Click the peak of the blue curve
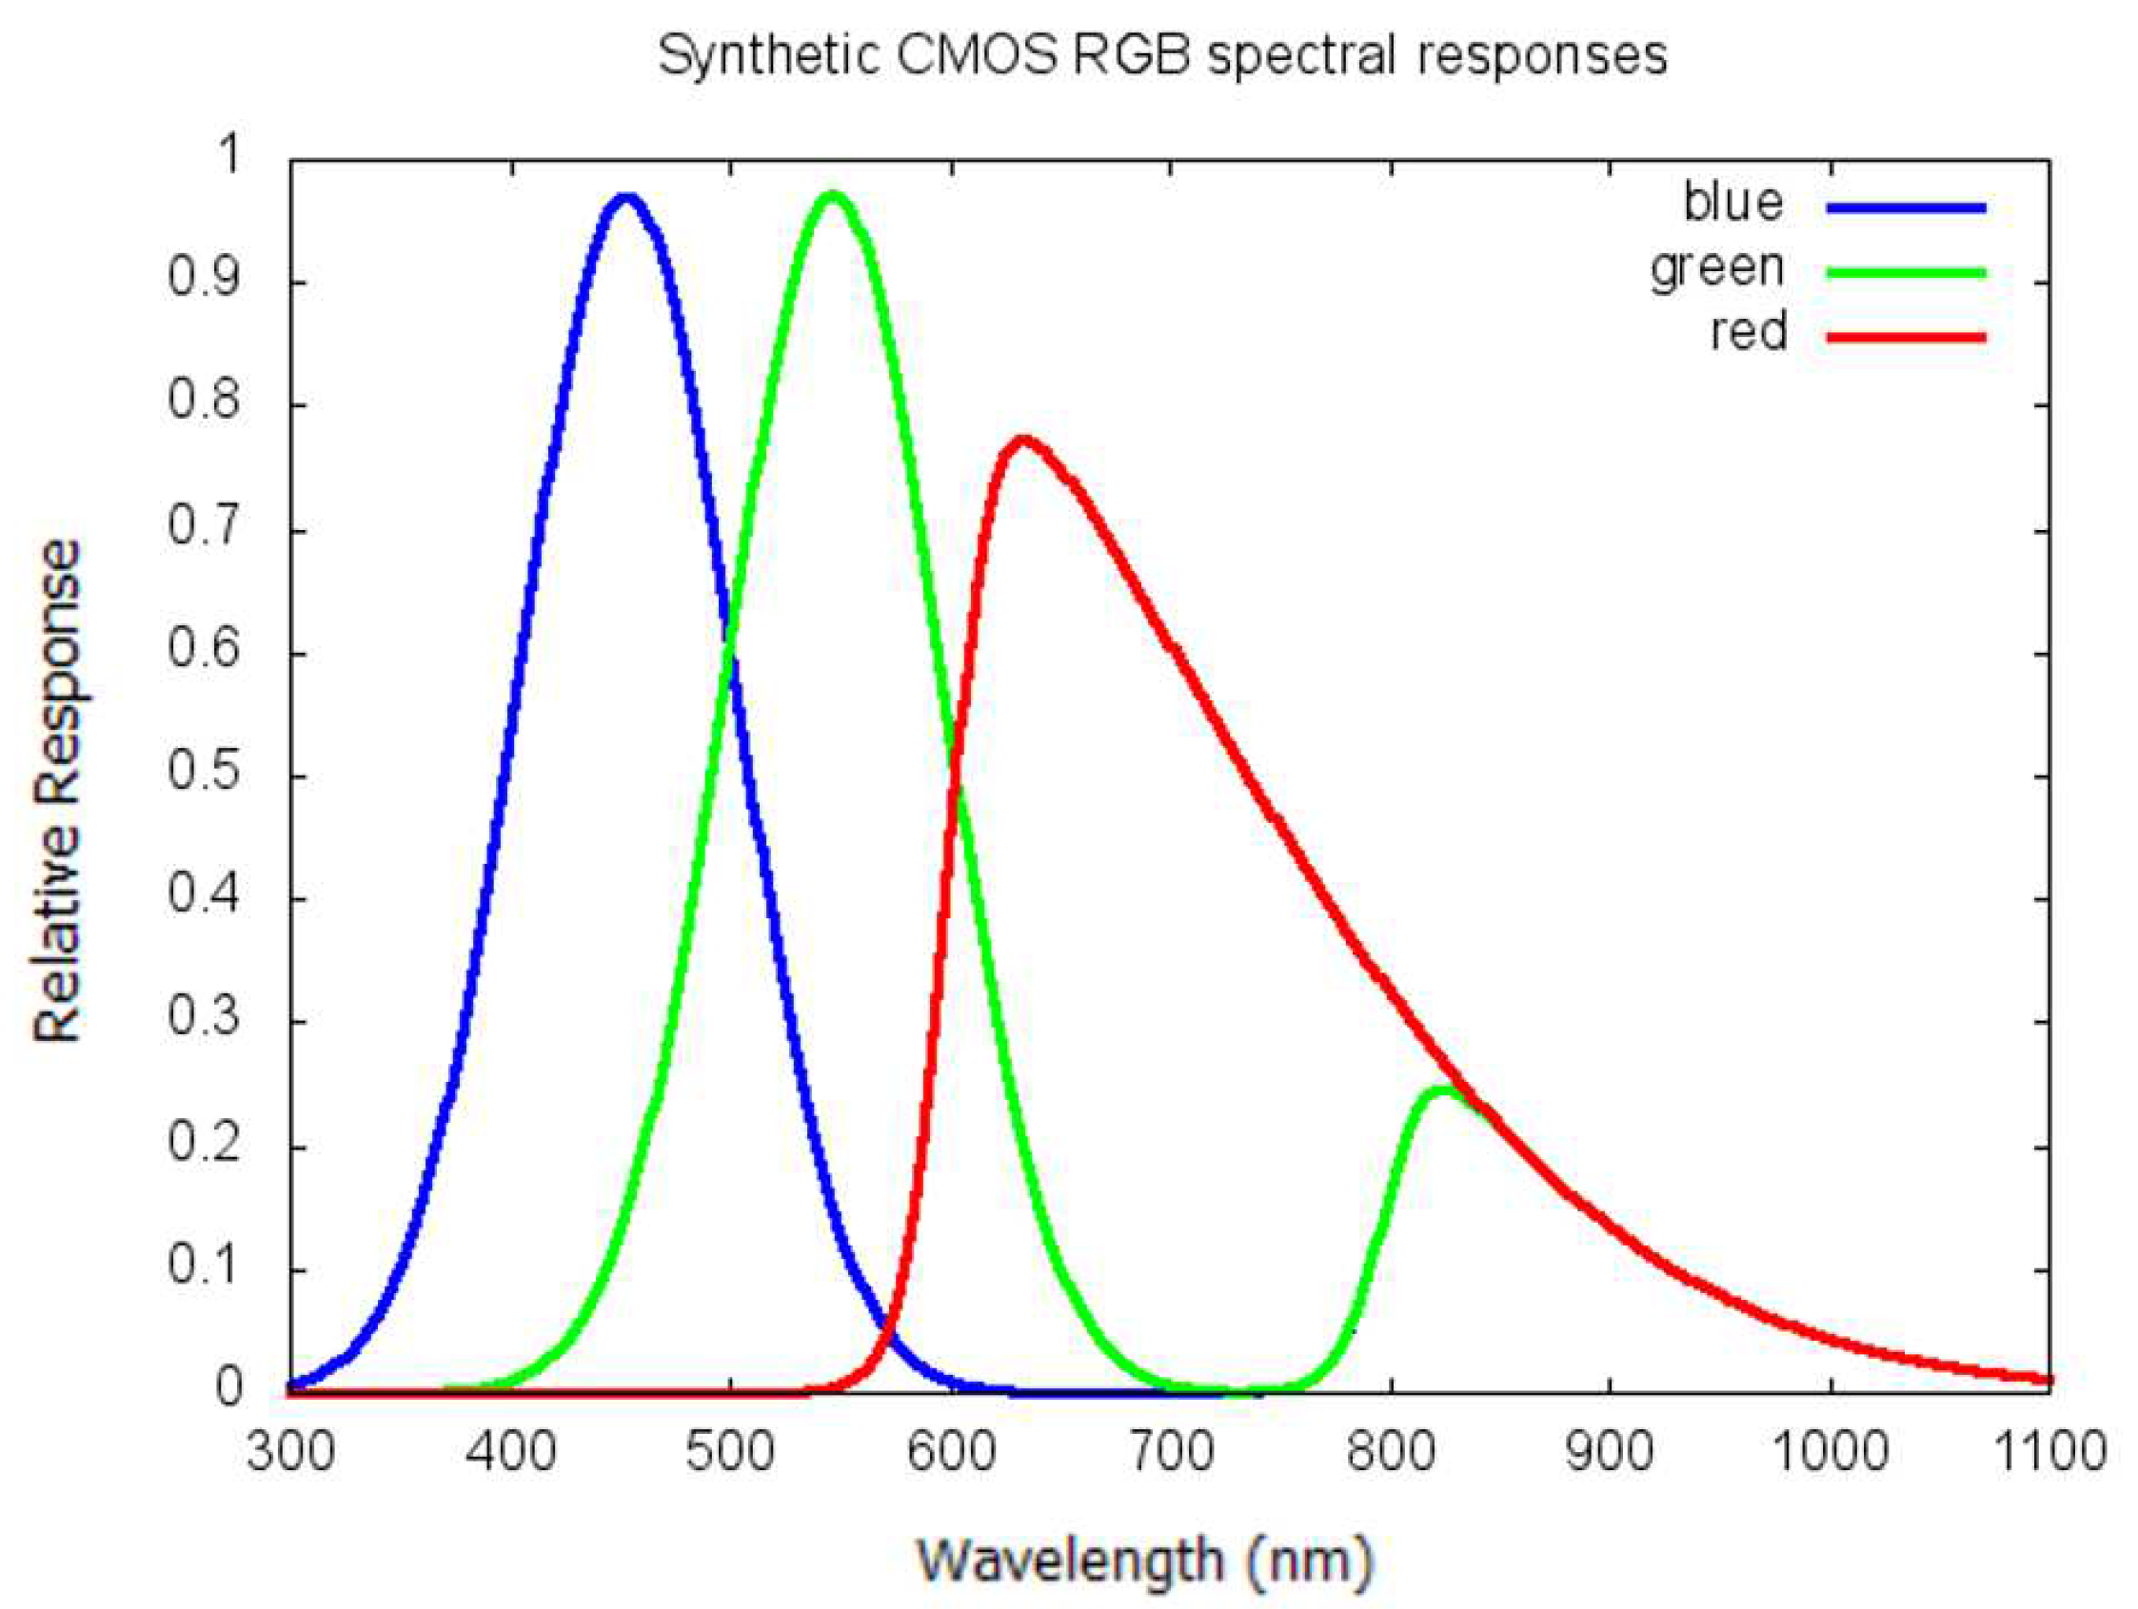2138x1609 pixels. (x=627, y=199)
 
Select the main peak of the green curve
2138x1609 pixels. (x=832, y=197)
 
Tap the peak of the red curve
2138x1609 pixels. (x=1024, y=441)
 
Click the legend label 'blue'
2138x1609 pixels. (x=1733, y=203)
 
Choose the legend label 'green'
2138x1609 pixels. (x=1716, y=267)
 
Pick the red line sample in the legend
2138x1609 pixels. (x=1906, y=337)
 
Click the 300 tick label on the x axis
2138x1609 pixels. (x=290, y=1452)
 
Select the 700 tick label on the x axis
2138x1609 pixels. (x=1171, y=1452)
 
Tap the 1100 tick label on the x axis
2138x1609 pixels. (x=2050, y=1452)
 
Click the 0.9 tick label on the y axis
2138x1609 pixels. (x=204, y=281)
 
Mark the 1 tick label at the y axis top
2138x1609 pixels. (x=230, y=154)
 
